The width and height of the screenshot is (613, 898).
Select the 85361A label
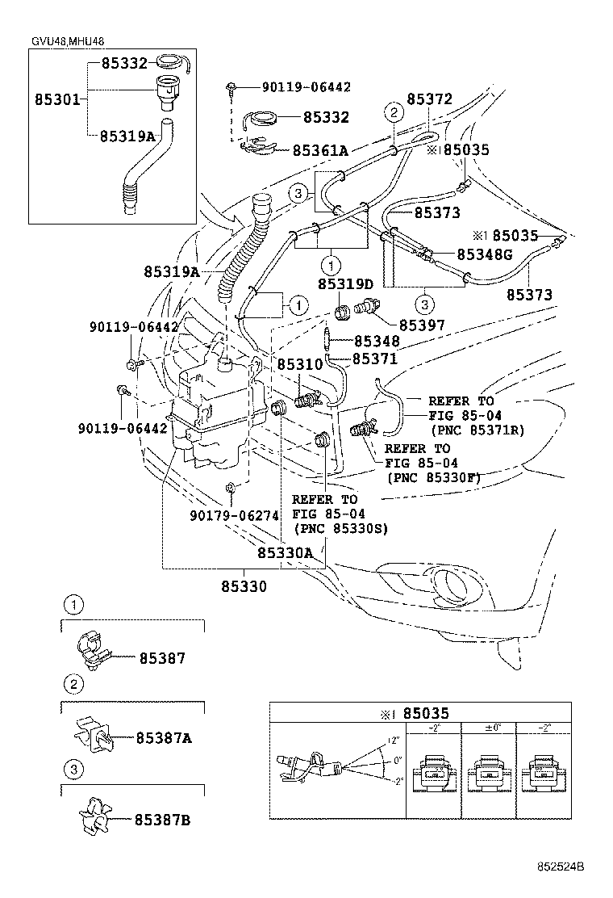point(320,150)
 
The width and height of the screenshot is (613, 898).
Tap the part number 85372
point(429,99)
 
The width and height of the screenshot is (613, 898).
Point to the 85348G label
point(485,254)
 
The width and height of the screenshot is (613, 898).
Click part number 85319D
point(345,284)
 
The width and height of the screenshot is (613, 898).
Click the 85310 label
point(300,365)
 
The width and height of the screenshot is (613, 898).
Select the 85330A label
point(291,553)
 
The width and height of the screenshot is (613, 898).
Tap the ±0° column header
point(488,728)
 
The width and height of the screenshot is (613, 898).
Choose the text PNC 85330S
point(341,528)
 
